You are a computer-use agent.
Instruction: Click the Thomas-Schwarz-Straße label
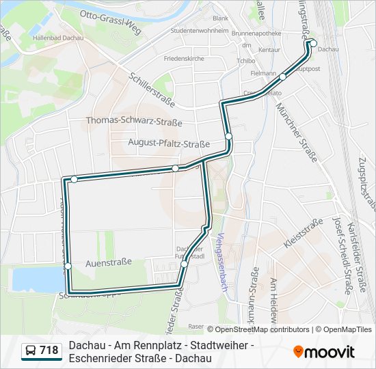point(134,122)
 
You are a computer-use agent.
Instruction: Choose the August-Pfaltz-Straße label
point(169,143)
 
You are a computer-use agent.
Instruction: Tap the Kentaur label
point(269,50)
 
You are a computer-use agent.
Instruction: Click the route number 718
point(49,351)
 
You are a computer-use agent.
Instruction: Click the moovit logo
point(324,352)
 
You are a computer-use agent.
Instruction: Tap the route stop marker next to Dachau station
point(313,44)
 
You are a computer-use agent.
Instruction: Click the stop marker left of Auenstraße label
point(68,266)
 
